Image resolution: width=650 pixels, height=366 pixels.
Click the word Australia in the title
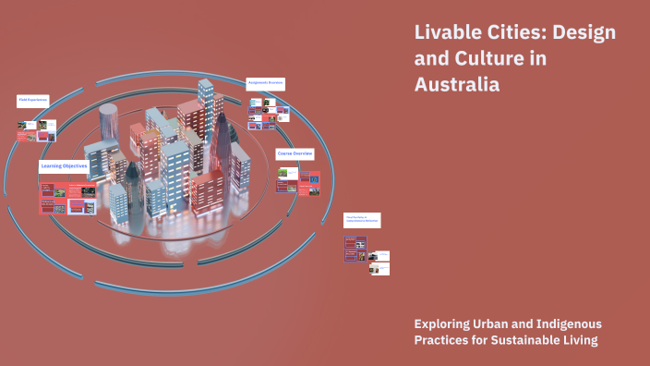pyautogui.click(x=457, y=85)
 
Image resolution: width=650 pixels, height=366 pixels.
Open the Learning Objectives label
pyautogui.click(x=64, y=166)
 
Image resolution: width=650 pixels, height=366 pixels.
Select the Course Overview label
pyautogui.click(x=295, y=152)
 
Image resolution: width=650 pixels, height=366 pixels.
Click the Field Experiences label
pyautogui.click(x=32, y=99)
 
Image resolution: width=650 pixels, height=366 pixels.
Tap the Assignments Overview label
pyautogui.click(x=266, y=83)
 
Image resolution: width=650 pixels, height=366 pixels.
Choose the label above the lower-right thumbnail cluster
pyautogui.click(x=362, y=220)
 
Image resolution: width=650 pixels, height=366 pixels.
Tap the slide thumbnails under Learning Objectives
pyautogui.click(x=66, y=197)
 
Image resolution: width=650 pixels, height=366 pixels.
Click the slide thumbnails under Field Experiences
pyautogui.click(x=36, y=129)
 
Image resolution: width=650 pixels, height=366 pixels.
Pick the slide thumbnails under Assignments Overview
pyautogui.click(x=268, y=116)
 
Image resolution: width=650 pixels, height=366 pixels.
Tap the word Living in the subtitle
pyautogui.click(x=578, y=340)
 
